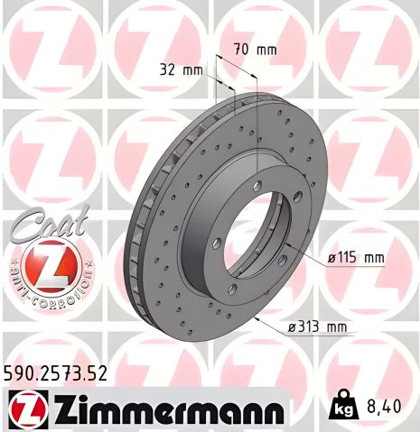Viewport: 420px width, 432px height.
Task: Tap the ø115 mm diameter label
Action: pos(355,258)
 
